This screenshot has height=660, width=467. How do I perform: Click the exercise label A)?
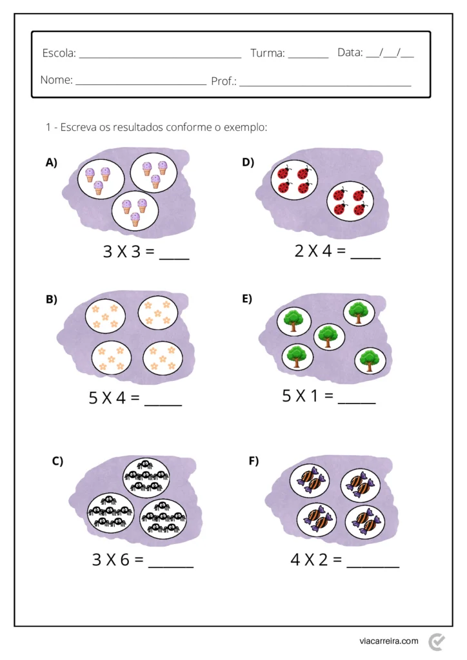[x=52, y=163]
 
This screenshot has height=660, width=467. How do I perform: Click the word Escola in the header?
[x=58, y=53]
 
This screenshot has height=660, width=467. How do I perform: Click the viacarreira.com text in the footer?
[x=389, y=641]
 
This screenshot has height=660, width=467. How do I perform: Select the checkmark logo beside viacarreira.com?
[x=437, y=641]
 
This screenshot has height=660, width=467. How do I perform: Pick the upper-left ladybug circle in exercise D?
[x=294, y=180]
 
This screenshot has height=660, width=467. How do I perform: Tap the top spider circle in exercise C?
[x=146, y=474]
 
